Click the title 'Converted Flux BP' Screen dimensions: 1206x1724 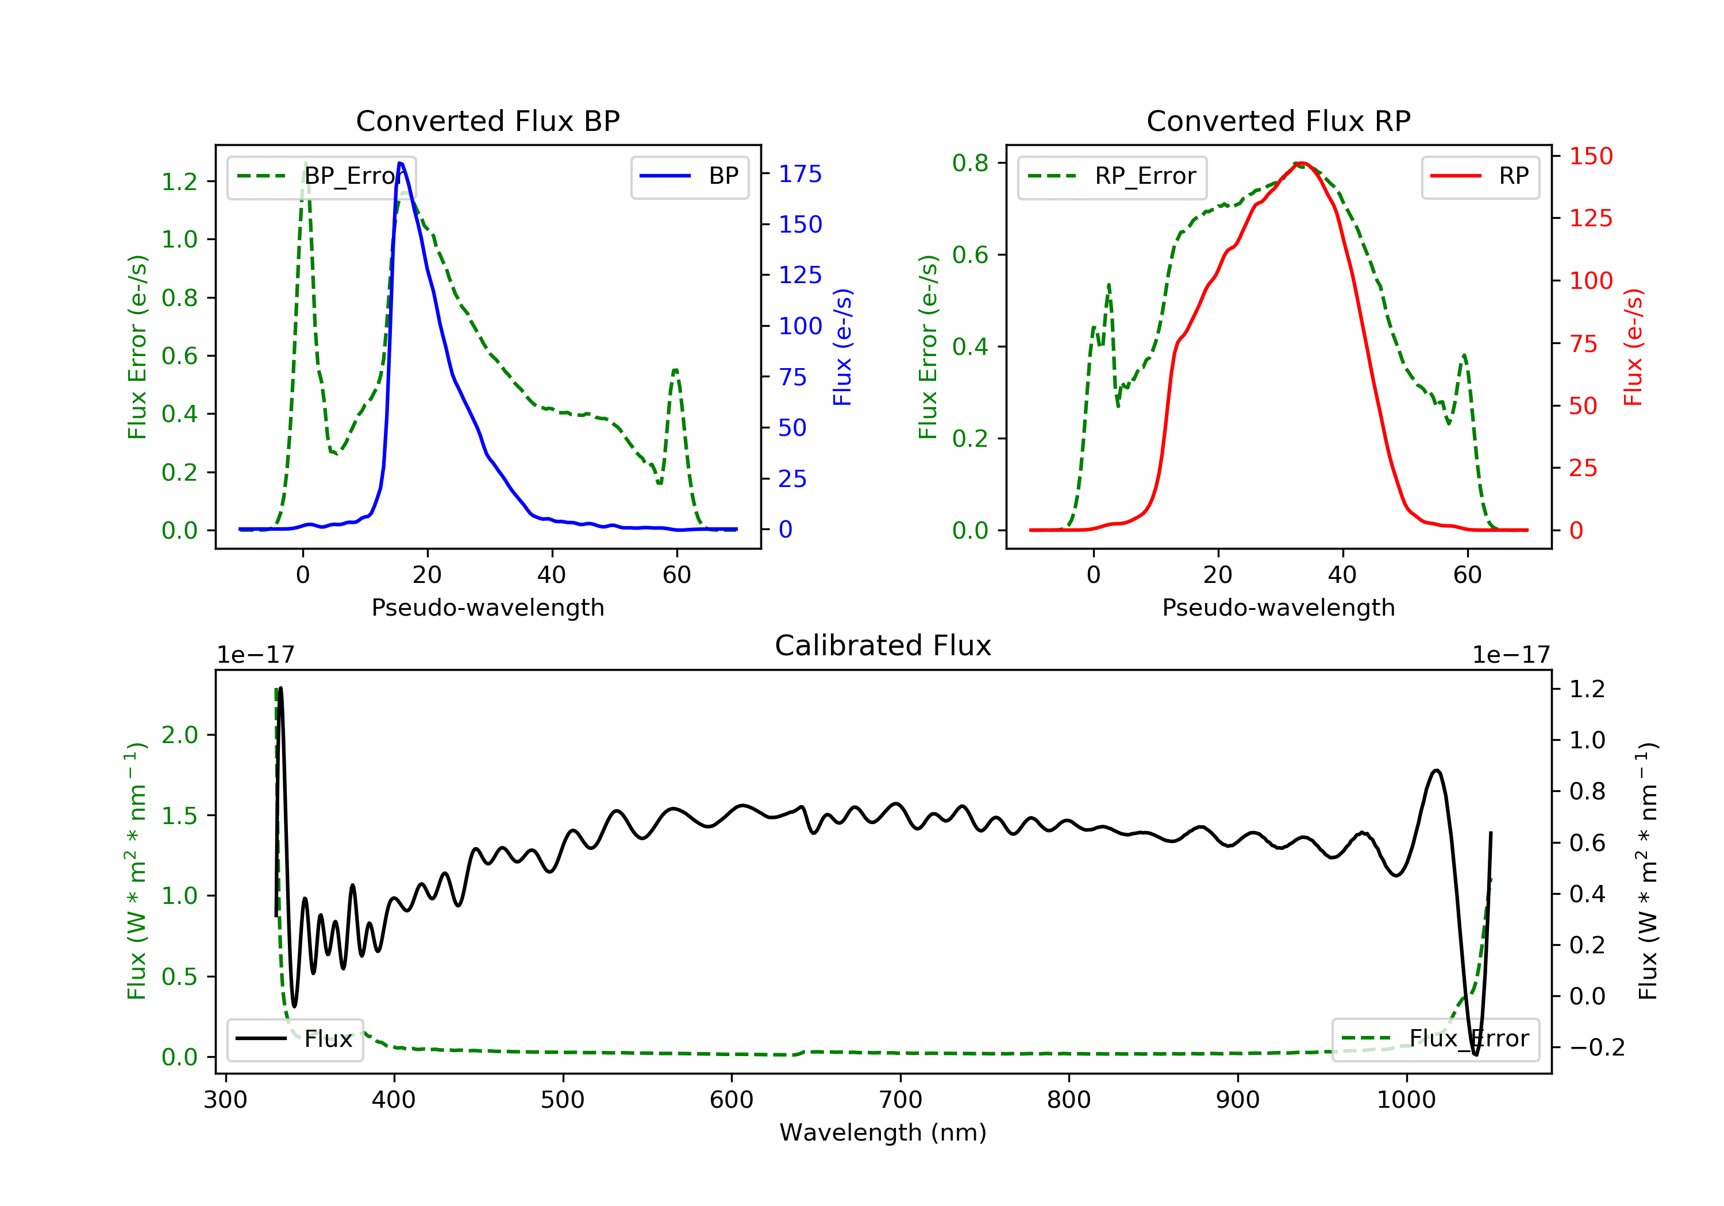pos(487,121)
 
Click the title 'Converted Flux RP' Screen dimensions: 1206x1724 pos(1278,121)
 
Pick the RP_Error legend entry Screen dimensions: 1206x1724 pos(1113,176)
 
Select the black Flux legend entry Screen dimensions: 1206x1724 pos(295,1039)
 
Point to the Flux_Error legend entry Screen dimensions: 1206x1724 pos(1435,1039)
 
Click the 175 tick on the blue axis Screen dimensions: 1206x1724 pos(800,174)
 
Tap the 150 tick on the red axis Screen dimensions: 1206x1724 pos(1590,156)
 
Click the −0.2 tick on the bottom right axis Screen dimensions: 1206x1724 pos(1596,1047)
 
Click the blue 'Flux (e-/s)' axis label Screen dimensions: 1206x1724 pos(842,347)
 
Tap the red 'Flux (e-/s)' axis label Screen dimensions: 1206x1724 pos(1633,347)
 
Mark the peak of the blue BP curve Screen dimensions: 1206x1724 pos(400,163)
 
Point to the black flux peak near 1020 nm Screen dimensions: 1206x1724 pos(1436,771)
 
